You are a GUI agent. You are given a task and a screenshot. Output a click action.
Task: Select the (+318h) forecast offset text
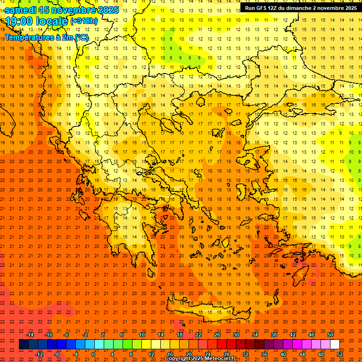[x=84, y=21]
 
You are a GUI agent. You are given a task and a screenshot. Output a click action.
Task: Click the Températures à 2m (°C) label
[x=46, y=37]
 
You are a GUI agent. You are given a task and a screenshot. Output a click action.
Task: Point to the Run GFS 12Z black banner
[x=300, y=8]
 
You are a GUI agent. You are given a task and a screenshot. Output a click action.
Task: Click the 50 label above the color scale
[x=330, y=335]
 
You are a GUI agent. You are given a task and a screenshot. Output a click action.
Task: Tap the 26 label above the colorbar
[x=217, y=335]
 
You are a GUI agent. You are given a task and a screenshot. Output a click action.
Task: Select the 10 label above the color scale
[x=142, y=335]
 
